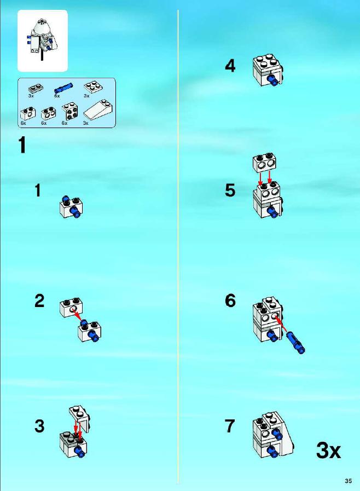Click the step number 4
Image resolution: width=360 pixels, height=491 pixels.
[230, 66]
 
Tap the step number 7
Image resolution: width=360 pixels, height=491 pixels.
[230, 426]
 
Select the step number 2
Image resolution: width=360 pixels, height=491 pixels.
[39, 301]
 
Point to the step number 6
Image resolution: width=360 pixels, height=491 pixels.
[230, 301]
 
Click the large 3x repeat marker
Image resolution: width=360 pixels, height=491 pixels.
[328, 450]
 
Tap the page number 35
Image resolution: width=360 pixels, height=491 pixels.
[348, 481]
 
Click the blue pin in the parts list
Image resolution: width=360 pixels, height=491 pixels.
[63, 87]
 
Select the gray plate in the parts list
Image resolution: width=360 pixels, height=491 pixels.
[36, 88]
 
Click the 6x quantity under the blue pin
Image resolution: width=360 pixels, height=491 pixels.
[57, 96]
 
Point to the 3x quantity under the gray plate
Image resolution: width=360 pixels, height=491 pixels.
[31, 96]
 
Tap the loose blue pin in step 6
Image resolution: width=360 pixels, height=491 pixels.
[295, 342]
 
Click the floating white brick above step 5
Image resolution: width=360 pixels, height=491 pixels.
[266, 163]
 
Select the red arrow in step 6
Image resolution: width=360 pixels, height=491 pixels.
[281, 323]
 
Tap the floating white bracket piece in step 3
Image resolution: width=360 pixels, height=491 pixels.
[80, 419]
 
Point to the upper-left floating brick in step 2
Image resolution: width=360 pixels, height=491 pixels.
[71, 307]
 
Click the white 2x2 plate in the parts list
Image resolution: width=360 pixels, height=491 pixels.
[91, 86]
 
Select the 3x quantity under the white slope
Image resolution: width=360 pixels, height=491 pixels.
[86, 123]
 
